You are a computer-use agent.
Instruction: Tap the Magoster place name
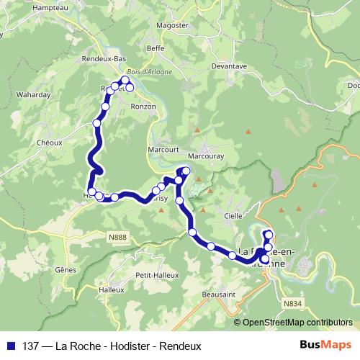tap(173, 24)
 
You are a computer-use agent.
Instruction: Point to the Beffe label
tap(156, 48)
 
